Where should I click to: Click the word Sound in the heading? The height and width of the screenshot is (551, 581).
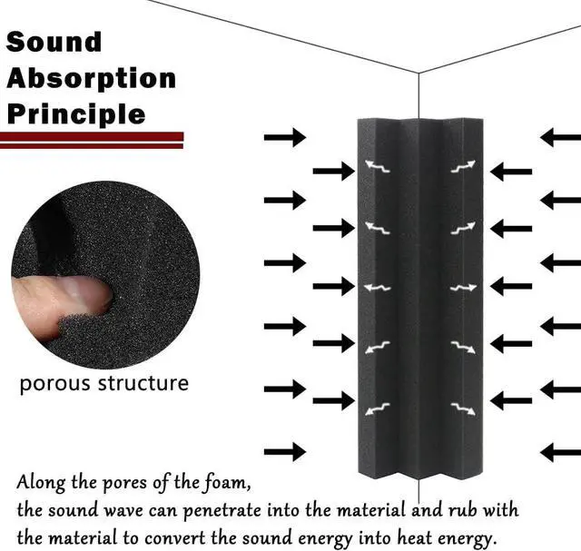click(54, 43)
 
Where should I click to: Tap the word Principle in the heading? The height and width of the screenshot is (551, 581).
click(75, 114)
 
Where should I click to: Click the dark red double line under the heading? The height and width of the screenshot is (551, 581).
click(92, 139)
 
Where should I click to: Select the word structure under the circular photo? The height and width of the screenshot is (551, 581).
click(143, 382)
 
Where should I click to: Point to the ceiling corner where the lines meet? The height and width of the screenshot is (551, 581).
click(418, 72)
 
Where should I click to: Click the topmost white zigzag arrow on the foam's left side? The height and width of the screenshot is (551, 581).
click(377, 166)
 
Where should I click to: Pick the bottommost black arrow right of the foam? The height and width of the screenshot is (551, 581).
click(560, 451)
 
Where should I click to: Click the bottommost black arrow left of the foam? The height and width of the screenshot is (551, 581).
click(284, 451)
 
